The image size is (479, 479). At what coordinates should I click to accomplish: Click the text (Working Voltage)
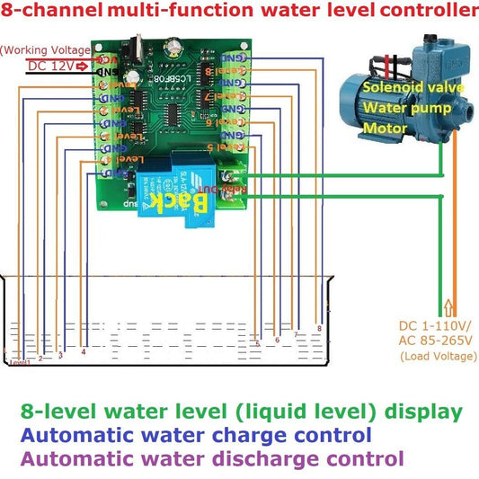[x=45, y=49]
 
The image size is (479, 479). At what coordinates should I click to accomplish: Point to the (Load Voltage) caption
[x=437, y=357]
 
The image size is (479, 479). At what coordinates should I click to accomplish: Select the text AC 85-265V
[x=436, y=342]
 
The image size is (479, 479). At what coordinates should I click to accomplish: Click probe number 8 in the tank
[x=318, y=329]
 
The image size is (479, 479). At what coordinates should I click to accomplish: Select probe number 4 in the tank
[x=83, y=351]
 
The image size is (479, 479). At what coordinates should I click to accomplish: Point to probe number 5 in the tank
[x=258, y=343]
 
